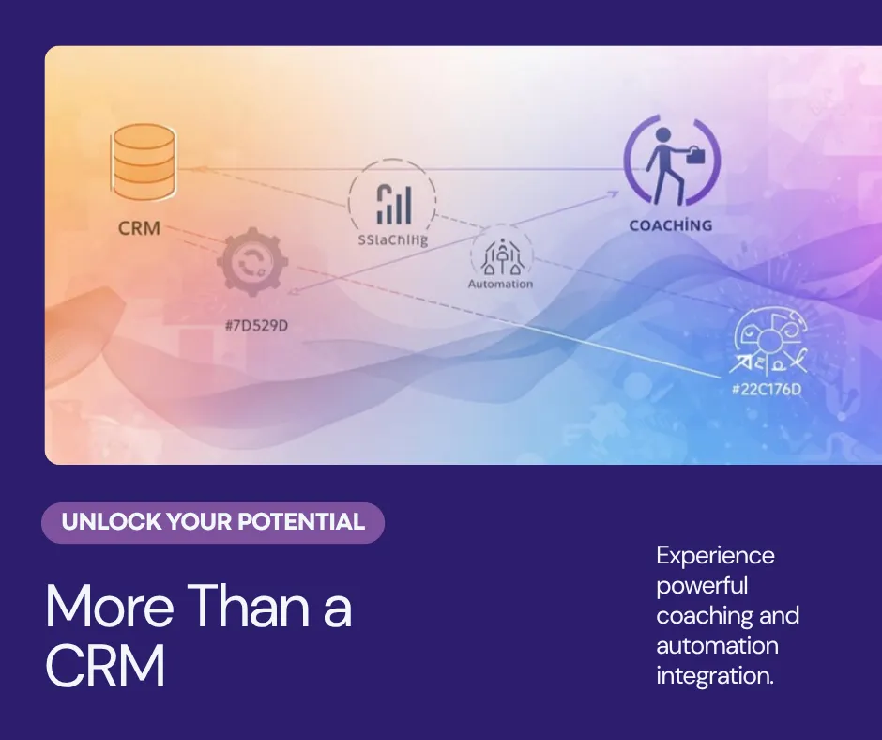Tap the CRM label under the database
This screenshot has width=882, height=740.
(139, 228)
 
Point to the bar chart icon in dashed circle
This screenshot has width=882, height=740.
(393, 203)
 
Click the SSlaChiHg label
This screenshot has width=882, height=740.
(392, 239)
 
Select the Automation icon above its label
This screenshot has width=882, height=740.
(500, 254)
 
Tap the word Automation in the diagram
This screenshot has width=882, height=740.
(500, 284)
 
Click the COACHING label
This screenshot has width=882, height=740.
(670, 225)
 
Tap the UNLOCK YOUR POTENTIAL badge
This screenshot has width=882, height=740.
(213, 522)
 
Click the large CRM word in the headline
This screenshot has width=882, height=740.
(105, 665)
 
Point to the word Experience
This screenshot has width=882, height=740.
(715, 555)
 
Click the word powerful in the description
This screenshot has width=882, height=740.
(702, 585)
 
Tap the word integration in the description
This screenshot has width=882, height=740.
(715, 675)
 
